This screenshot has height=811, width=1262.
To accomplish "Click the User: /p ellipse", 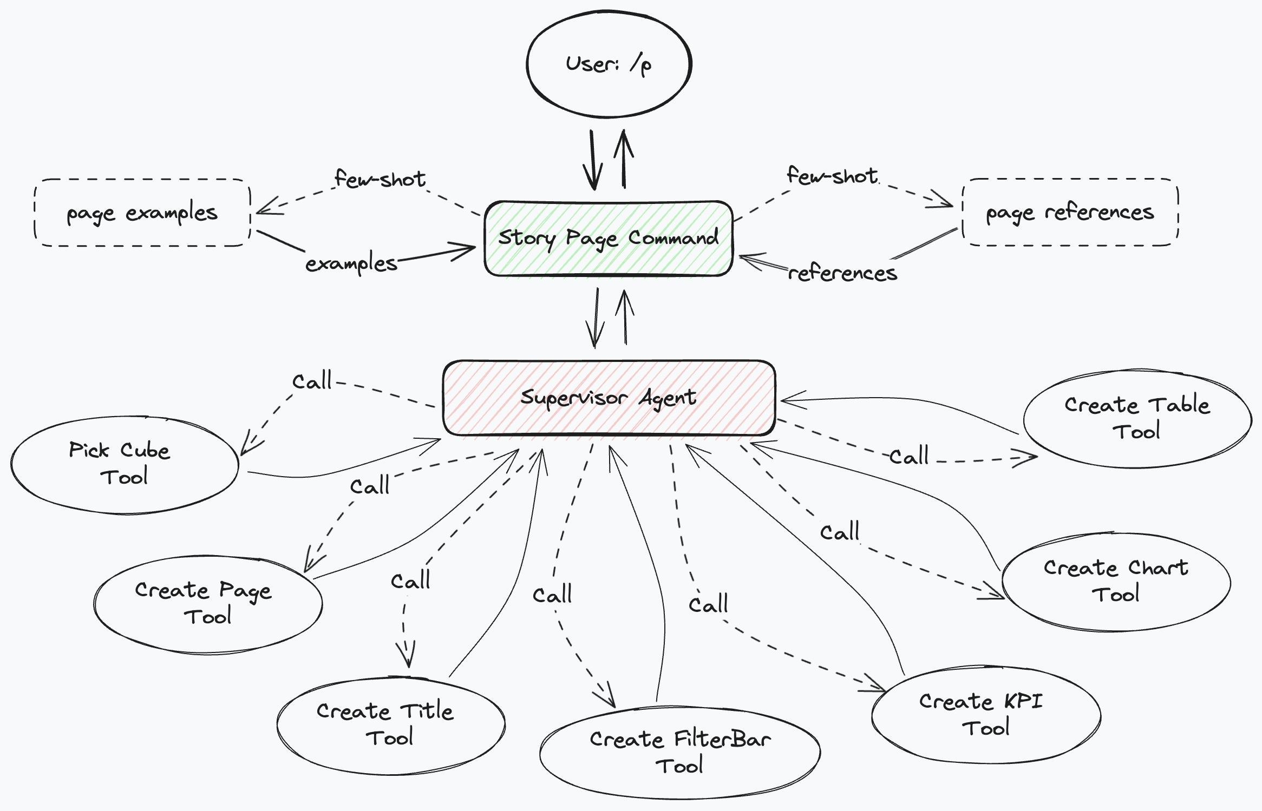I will point(609,64).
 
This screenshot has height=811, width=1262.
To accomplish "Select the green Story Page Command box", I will point(609,239).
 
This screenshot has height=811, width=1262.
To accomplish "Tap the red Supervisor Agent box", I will point(609,398).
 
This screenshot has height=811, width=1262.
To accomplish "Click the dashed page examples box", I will point(142,213).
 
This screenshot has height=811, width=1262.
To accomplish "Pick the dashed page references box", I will point(1070,212).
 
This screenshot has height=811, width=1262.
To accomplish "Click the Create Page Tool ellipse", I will point(207,603).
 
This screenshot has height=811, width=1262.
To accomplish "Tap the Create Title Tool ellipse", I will point(390,725).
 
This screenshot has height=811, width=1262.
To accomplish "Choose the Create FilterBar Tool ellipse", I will point(680,753).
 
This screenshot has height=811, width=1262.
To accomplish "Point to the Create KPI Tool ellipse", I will point(985,715).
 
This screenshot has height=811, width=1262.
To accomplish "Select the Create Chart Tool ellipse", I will point(1115,582).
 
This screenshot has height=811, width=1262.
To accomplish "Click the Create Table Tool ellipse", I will point(1137,418).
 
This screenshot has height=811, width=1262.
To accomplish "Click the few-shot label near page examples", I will point(380,179).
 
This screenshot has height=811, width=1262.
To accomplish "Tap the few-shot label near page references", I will point(832,175).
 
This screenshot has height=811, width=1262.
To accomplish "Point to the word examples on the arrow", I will point(351,263).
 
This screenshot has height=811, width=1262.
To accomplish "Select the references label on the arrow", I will point(842,273).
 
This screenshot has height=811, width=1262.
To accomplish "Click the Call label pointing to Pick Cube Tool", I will point(312,381).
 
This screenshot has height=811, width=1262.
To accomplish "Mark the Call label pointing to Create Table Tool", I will point(909,456).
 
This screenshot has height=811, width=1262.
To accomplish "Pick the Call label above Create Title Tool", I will point(410,581).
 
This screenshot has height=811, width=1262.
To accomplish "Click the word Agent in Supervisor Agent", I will point(667,398).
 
